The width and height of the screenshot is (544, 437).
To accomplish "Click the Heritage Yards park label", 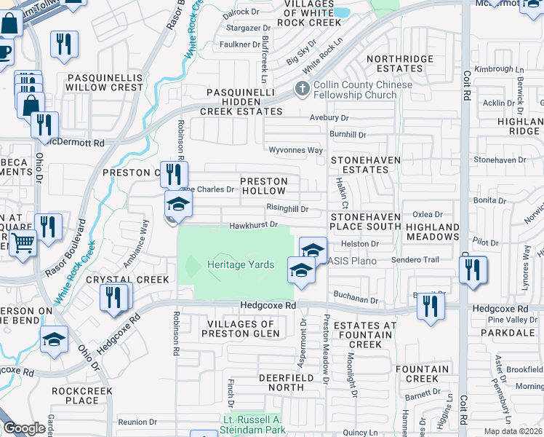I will (x=241, y=265).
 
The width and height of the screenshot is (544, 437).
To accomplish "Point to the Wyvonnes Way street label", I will (x=295, y=150).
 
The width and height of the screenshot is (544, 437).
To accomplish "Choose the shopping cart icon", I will (x=23, y=243).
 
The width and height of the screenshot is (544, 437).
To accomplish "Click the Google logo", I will (x=25, y=428).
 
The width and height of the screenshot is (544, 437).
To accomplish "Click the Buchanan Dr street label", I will (x=356, y=299).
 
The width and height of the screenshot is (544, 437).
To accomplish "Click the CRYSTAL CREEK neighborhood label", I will (x=127, y=280).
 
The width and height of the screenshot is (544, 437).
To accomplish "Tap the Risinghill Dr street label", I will (x=287, y=209).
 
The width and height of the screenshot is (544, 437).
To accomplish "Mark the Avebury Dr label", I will (x=329, y=117).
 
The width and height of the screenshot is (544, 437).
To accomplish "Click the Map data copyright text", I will (x=513, y=431).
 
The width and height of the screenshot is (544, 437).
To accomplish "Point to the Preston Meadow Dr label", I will (x=327, y=350).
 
